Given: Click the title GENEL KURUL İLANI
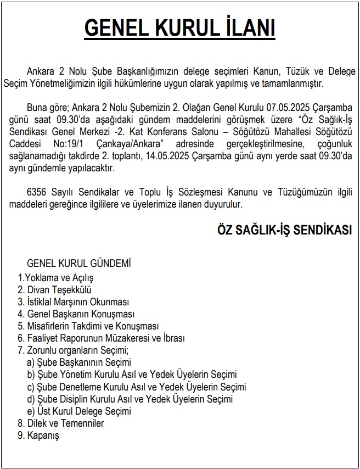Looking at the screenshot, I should (x=179, y=28).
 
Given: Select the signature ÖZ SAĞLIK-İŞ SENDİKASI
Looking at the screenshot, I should (x=285, y=231).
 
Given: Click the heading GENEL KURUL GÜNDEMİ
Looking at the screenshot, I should (x=78, y=264).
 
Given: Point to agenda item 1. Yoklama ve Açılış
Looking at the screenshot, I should (x=56, y=277).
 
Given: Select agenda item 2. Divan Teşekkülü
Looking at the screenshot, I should (x=54, y=289).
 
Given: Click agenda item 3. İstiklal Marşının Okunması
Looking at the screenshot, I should (x=73, y=302).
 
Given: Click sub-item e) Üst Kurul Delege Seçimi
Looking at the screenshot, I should (x=79, y=411).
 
